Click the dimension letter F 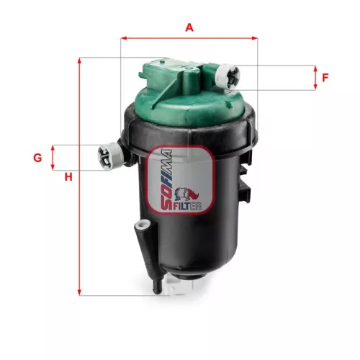click(x=325, y=78)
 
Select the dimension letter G click(x=37, y=157)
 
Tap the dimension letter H click(x=68, y=177)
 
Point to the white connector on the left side click(x=108, y=154)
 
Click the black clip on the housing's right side click(x=247, y=194)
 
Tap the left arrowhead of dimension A click(x=124, y=37)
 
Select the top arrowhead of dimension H click(x=81, y=60)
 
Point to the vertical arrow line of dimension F click(x=315, y=78)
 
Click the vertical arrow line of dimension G click(x=53, y=157)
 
